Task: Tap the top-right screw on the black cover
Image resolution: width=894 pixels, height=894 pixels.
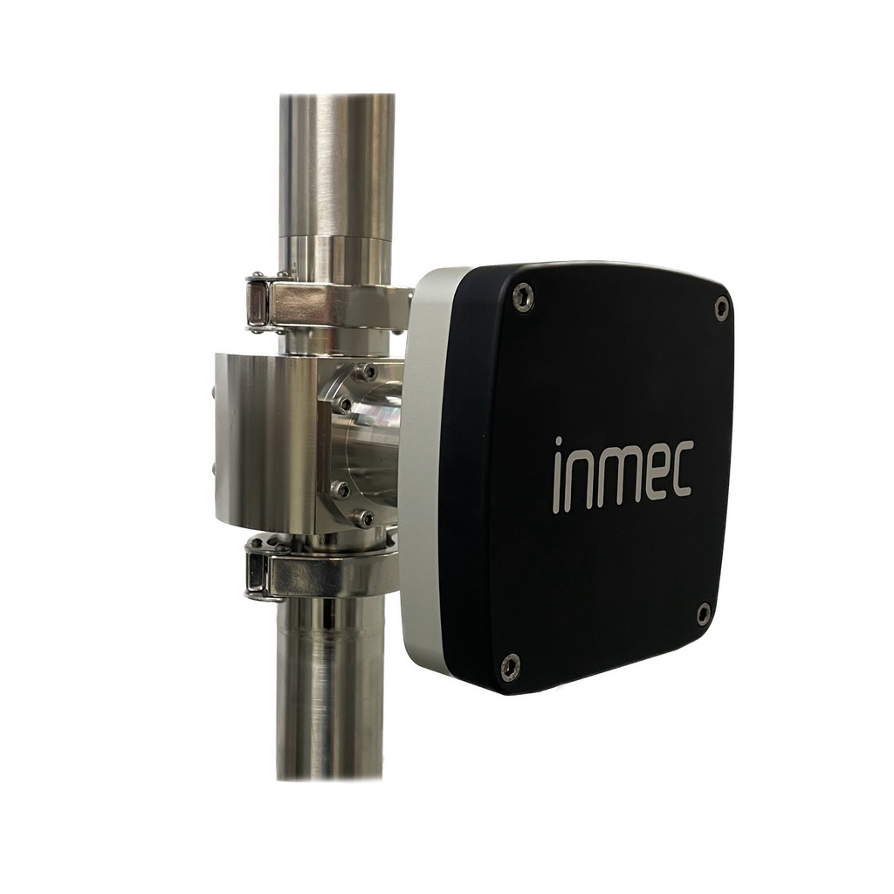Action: pyautogui.click(x=721, y=305)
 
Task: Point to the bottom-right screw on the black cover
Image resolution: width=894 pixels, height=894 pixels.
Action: pyautogui.click(x=703, y=614)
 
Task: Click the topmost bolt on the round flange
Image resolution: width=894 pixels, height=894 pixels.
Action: pyautogui.click(x=368, y=372)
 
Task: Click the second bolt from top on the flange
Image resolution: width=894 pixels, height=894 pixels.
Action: pyautogui.click(x=344, y=402)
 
